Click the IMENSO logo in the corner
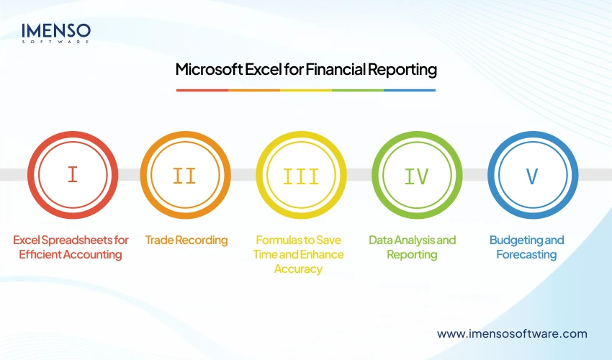(x=56, y=32)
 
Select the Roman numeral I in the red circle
(x=72, y=175)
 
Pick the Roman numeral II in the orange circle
(x=185, y=175)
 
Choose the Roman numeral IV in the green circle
(x=417, y=175)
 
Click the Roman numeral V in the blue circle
(x=532, y=175)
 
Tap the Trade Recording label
(x=186, y=240)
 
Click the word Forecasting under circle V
(x=526, y=255)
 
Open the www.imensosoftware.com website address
(x=512, y=333)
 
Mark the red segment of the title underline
(x=202, y=90)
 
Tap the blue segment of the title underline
(x=410, y=90)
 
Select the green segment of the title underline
(x=358, y=90)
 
